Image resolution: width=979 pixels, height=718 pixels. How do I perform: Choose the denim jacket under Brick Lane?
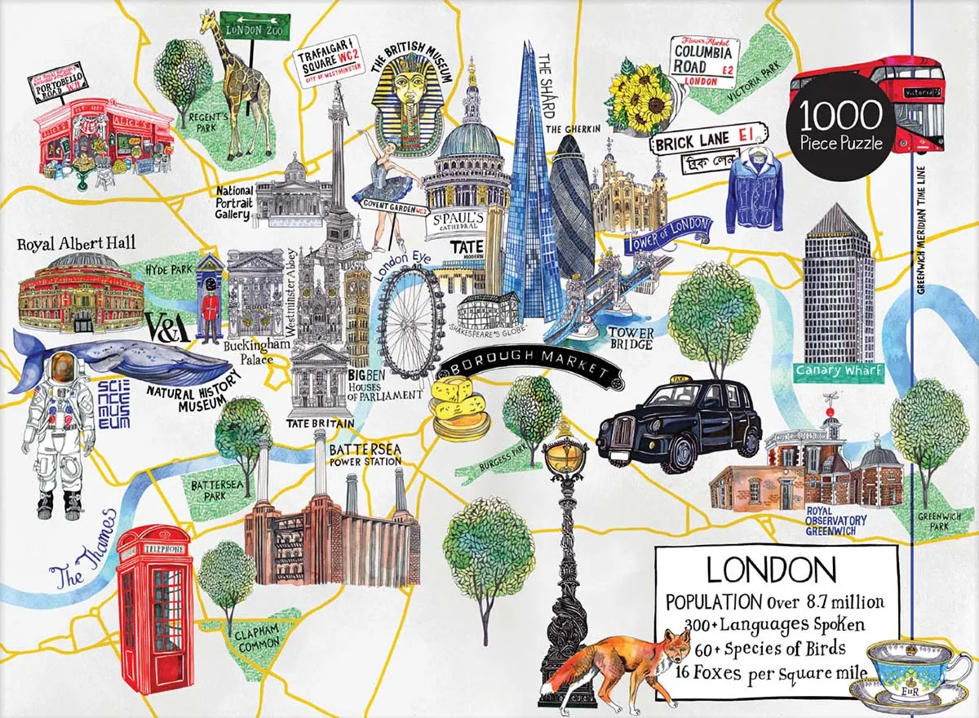(x=754, y=192)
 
